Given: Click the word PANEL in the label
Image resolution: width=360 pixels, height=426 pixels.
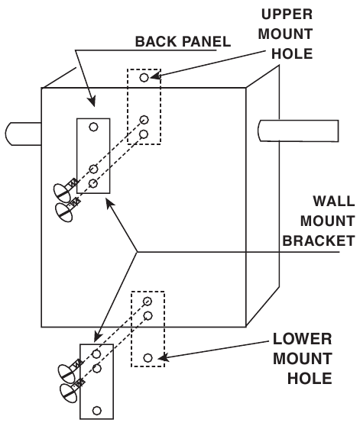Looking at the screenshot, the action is click(x=206, y=41).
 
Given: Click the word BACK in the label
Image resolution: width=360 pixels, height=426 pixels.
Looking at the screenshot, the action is click(x=157, y=41).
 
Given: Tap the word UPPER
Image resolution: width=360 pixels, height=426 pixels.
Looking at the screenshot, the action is click(x=287, y=15).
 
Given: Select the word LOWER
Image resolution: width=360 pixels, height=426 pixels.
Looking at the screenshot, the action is click(x=302, y=339).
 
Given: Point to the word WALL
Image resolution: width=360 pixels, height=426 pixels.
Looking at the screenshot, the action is click(x=333, y=201).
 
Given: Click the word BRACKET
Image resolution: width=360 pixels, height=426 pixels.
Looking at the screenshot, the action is click(x=319, y=240).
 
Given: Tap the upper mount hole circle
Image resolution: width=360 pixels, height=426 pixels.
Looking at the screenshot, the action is click(x=144, y=77).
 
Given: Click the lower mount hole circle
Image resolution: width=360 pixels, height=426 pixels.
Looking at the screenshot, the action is click(x=148, y=358).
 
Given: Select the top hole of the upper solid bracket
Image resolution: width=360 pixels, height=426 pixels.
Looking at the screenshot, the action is click(x=93, y=127).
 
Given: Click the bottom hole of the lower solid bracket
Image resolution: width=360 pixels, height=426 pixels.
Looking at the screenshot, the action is click(x=97, y=410).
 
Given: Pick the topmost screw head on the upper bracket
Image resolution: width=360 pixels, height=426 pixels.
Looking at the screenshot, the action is click(x=62, y=193).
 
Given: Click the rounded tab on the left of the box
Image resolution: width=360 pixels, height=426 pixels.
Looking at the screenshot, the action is click(x=24, y=134).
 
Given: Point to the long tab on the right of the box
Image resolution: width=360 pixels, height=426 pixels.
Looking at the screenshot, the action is click(x=298, y=131).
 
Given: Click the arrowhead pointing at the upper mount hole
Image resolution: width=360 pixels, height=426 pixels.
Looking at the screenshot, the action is click(x=155, y=76).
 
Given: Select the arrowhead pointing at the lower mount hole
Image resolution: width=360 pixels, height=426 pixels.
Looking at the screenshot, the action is click(x=163, y=358).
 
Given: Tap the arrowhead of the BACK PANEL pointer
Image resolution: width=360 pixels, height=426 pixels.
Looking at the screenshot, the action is click(x=92, y=101).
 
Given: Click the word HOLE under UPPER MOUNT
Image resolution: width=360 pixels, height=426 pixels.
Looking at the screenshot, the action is click(x=292, y=53).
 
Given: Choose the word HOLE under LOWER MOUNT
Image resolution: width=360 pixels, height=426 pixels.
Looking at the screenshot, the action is click(x=310, y=379).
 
